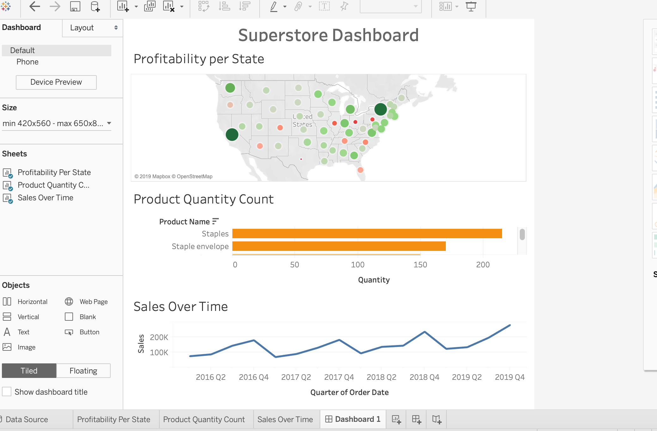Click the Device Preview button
click(56, 82)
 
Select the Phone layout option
click(28, 62)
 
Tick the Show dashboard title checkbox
click(7, 392)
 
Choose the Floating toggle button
click(83, 371)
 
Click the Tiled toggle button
click(29, 371)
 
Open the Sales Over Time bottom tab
click(285, 419)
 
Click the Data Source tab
click(27, 419)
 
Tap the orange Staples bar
click(367, 234)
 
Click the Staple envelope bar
click(339, 246)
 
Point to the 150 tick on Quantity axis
click(420, 265)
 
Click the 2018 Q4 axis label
click(424, 377)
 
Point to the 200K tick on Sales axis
click(159, 337)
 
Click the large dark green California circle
click(232, 135)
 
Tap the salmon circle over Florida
click(360, 170)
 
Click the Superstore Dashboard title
click(328, 35)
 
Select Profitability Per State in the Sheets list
click(54, 172)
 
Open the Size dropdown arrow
click(109, 123)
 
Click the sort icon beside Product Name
click(215, 222)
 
